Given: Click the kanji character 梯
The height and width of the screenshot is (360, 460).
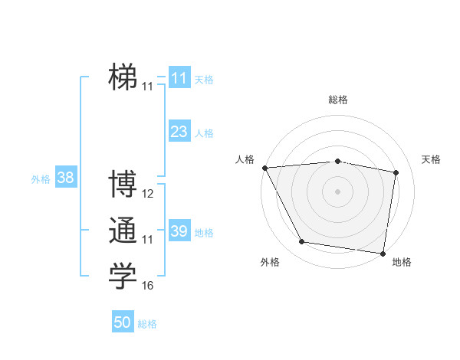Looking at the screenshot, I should point(123,77).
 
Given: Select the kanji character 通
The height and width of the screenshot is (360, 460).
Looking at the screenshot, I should point(123,231).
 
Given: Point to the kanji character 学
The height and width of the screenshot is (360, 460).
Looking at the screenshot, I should point(123,276).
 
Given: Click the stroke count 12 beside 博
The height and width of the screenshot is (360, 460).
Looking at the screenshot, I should point(148,194).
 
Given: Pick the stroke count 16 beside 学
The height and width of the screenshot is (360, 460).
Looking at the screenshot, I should point(148,286).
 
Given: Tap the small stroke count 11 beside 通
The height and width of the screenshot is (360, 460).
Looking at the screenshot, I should point(148,240).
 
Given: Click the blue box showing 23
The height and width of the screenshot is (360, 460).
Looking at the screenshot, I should point(179,132).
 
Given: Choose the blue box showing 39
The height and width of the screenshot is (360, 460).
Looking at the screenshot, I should point(179,231).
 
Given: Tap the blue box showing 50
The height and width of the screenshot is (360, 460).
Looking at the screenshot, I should point(123,322).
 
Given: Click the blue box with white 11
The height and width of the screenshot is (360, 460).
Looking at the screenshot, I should point(179,78).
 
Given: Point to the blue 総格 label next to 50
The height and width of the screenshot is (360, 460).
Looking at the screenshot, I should point(147,324).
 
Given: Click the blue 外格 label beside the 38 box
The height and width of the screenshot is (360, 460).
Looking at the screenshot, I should point(41,179).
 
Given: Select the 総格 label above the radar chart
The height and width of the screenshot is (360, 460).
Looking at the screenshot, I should point(338,100).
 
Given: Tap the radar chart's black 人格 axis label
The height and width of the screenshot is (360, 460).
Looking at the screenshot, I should point(245,159).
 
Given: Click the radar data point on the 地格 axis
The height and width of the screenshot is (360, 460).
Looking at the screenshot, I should point(383,252).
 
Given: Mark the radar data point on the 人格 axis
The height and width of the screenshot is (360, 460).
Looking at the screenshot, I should point(264,167).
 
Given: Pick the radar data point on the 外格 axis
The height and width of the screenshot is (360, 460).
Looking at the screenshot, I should point(302,242).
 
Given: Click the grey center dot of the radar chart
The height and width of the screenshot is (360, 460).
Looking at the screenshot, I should point(337,191).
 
